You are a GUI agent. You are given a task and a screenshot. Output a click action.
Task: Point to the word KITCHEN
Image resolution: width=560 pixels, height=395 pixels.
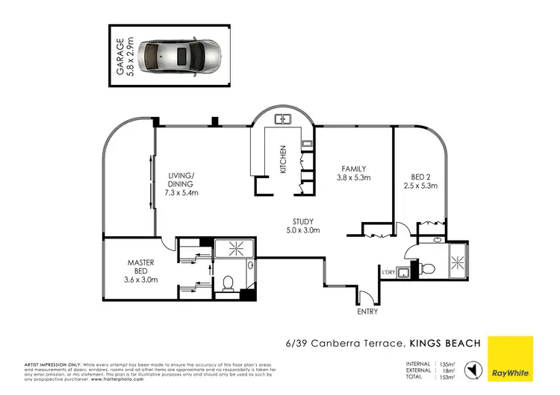[x=283, y=159]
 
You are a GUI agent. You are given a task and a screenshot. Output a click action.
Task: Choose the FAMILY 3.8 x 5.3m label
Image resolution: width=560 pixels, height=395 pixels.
[x=354, y=173]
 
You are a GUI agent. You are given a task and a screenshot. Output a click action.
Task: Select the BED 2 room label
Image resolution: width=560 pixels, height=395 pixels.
[x=420, y=181]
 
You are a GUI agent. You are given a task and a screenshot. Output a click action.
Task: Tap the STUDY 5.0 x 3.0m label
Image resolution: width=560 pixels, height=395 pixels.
[x=302, y=226]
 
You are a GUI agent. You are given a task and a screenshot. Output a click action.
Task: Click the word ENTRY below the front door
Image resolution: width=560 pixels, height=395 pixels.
[x=367, y=312]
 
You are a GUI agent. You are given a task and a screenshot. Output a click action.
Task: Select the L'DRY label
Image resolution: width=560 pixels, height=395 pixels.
[x=388, y=272]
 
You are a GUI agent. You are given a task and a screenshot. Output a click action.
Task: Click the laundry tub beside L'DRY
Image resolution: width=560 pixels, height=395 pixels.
[x=404, y=271]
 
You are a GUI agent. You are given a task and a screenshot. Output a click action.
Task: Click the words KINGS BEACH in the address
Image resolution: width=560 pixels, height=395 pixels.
[x=445, y=343]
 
